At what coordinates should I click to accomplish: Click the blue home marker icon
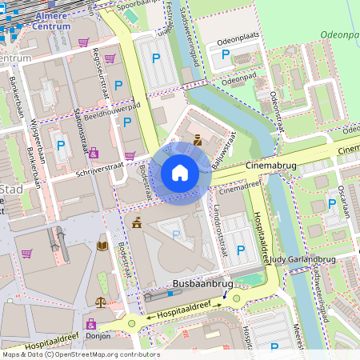tap(180, 172)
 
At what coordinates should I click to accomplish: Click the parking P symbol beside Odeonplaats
tap(226, 55)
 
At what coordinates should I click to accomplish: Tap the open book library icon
tap(102, 246)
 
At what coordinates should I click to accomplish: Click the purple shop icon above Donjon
tap(90, 324)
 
